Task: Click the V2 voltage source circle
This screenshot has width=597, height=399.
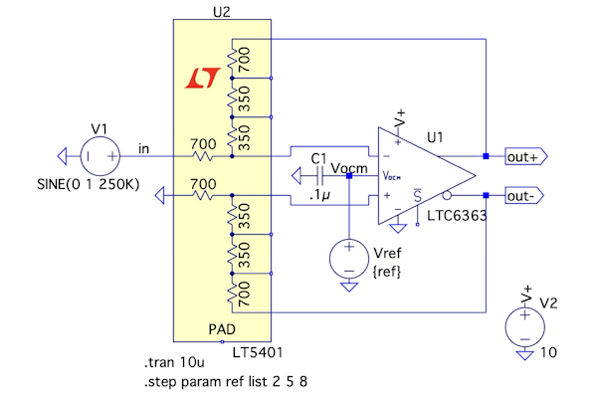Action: point(524,326)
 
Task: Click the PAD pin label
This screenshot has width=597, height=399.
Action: point(222,328)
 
